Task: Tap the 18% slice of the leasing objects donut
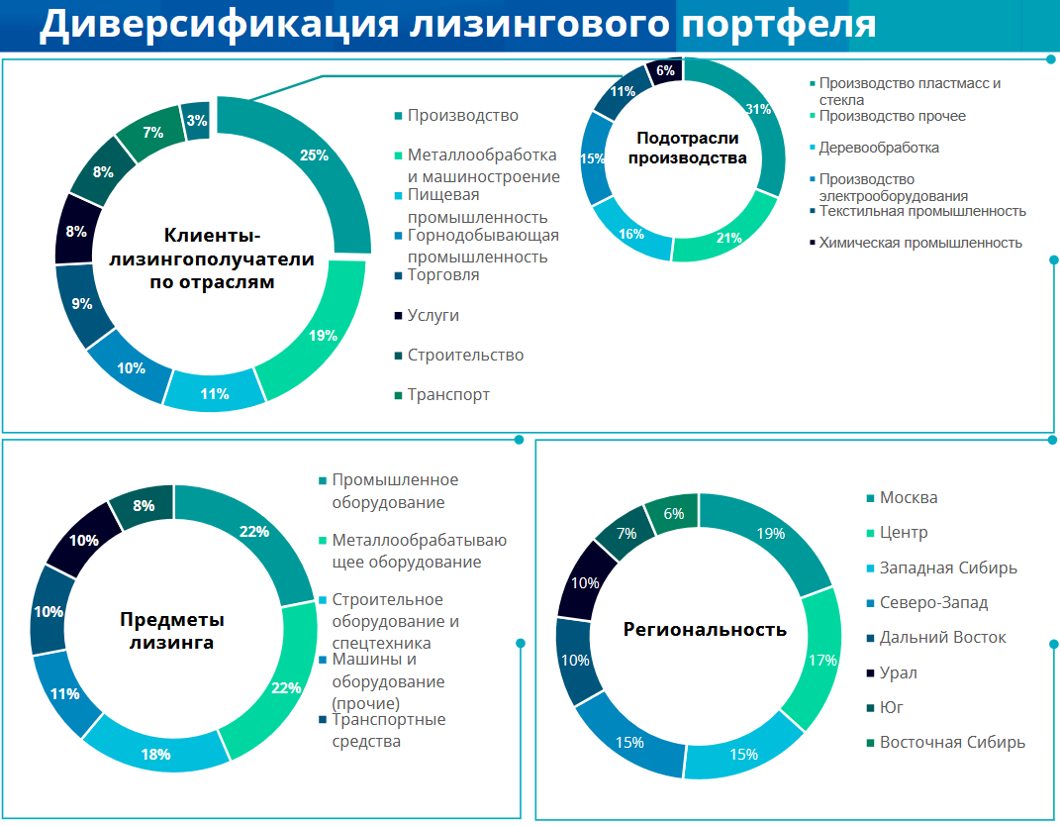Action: tap(156, 753)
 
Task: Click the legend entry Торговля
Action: tap(442, 275)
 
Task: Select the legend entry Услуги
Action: tap(434, 315)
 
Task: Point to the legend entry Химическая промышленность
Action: tap(920, 243)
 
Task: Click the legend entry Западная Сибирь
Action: tap(948, 568)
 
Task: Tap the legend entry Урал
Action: tap(898, 672)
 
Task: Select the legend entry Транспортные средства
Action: tap(388, 730)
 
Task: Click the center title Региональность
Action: tap(705, 629)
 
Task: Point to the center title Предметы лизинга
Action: tap(172, 631)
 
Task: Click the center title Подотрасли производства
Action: tap(687, 148)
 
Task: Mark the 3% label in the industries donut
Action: tap(197, 121)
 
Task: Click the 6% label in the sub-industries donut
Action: tap(665, 71)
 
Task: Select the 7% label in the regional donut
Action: tap(626, 533)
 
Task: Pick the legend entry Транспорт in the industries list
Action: tap(448, 394)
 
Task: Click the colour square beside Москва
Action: tap(871, 498)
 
